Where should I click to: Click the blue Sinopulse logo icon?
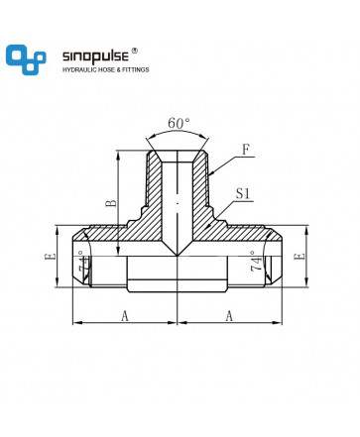[26, 59]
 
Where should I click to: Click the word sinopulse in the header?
[95, 56]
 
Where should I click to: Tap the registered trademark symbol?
[135, 51]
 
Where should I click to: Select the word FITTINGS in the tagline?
[136, 69]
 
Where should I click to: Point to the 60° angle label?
[179, 123]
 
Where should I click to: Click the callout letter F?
[246, 150]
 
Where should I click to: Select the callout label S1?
[243, 193]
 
